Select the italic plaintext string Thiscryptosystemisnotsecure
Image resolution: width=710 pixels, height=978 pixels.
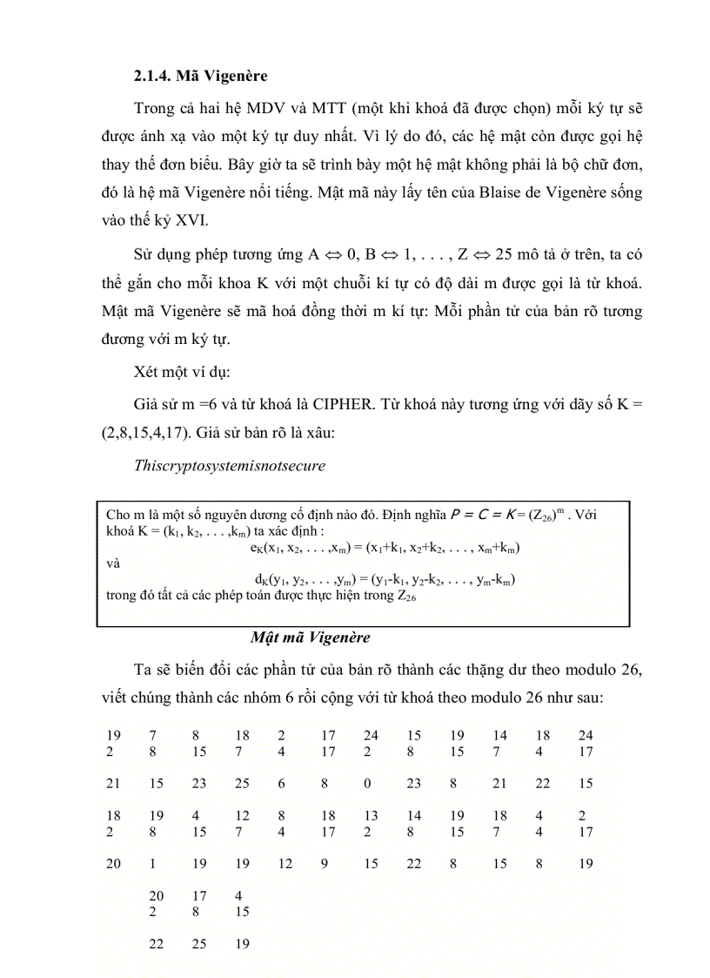[x=230, y=465]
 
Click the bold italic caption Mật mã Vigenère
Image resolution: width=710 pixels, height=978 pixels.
[x=311, y=637]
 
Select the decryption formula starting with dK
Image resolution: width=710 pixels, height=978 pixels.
[x=380, y=580]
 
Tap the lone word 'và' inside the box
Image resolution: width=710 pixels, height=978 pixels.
[x=112, y=563]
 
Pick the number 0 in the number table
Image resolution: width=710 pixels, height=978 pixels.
[x=368, y=783]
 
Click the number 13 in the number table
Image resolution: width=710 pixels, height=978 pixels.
[x=371, y=816]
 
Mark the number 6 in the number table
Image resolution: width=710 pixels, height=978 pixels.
[x=282, y=783]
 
